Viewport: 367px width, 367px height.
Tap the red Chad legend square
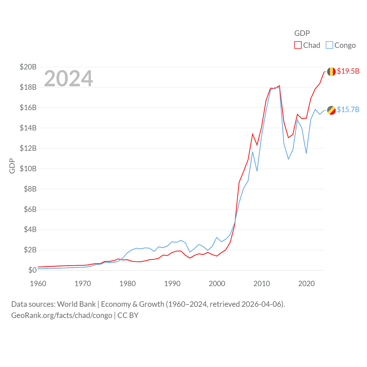[298, 45]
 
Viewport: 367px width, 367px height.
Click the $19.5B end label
[348, 71]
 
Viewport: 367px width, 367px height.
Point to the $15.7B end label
[348, 110]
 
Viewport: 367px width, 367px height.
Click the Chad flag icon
[331, 72]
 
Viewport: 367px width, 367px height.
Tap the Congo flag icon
[331, 110]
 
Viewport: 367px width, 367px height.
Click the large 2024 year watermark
[69, 78]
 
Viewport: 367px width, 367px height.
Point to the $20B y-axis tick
[28, 67]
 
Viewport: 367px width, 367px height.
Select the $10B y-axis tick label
[28, 169]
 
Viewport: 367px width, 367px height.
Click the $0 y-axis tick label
[32, 270]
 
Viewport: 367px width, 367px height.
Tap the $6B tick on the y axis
[30, 209]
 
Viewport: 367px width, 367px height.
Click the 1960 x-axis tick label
[38, 284]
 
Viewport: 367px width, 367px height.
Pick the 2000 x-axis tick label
[217, 284]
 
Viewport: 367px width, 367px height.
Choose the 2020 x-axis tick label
[307, 284]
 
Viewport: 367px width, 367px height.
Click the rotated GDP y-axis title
[12, 166]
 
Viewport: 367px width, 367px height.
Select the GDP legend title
[302, 33]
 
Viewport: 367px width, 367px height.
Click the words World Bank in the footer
[76, 304]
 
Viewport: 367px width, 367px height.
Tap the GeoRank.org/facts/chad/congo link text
[62, 315]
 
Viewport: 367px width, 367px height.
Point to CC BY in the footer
[128, 315]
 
